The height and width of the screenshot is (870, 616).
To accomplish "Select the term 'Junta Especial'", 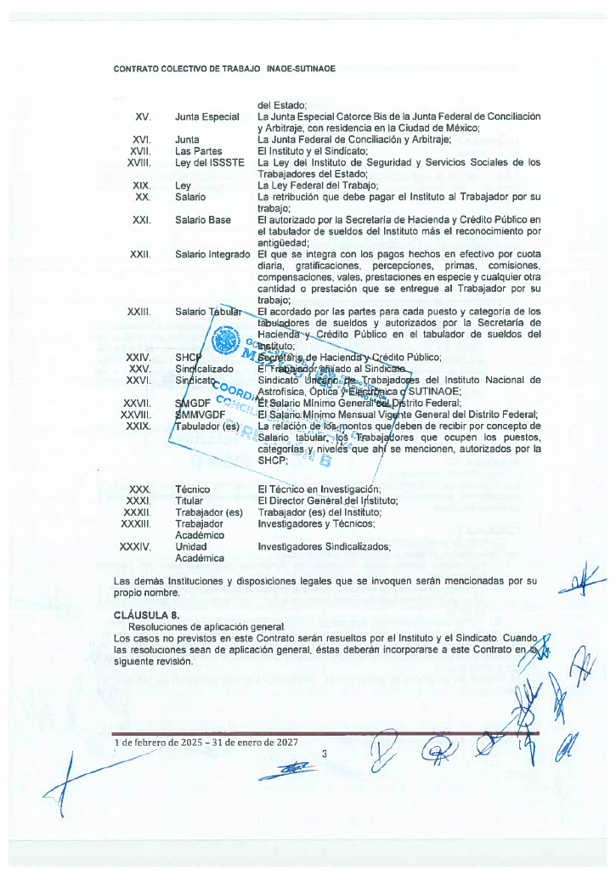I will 207,116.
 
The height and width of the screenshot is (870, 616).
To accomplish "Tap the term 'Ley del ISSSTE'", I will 209,162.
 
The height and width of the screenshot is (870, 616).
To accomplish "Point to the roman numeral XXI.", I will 141,220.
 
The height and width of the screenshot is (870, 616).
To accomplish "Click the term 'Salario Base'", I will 203,220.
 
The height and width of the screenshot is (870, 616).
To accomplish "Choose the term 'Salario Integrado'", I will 212,255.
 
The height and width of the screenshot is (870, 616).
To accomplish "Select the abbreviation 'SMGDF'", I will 193,403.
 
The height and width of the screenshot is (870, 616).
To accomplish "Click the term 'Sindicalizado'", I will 204,370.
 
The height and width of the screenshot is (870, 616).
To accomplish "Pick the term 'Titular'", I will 189,501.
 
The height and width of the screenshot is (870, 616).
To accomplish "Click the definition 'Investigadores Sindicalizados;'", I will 324,547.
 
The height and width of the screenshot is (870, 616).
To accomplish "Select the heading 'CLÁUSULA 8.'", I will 140,614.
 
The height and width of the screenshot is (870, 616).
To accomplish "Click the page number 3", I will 325,754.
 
